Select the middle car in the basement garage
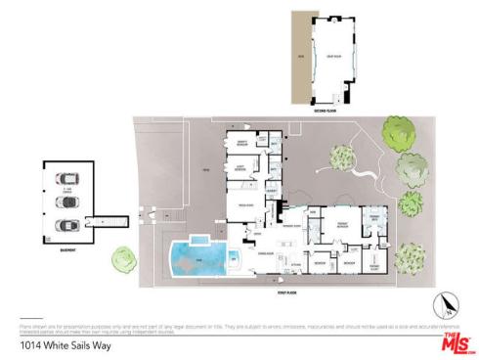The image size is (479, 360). click(65, 202)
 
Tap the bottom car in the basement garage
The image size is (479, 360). click(65, 224)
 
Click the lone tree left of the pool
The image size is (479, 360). click(123, 259)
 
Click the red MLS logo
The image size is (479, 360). click(455, 341)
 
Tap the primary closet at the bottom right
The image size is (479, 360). click(374, 265)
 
